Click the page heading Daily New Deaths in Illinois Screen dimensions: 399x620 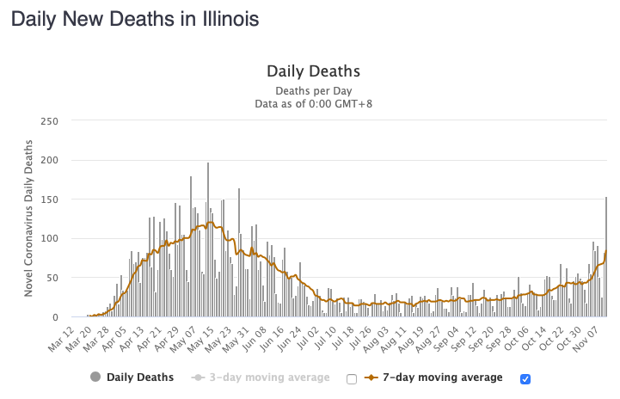pos(135,18)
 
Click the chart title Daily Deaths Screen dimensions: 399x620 pos(313,71)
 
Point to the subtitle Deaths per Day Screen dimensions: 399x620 pos(313,90)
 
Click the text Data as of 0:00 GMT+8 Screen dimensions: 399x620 pos(313,103)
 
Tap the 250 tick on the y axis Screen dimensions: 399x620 pos(49,120)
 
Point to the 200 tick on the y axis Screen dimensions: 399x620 pos(49,160)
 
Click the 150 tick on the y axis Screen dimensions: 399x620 pos(49,199)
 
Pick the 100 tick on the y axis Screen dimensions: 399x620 pos(49,238)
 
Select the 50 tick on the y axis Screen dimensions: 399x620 pos(52,278)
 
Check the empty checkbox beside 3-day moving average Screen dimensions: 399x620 pos(351,378)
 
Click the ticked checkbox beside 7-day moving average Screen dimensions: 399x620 pos(526,378)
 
